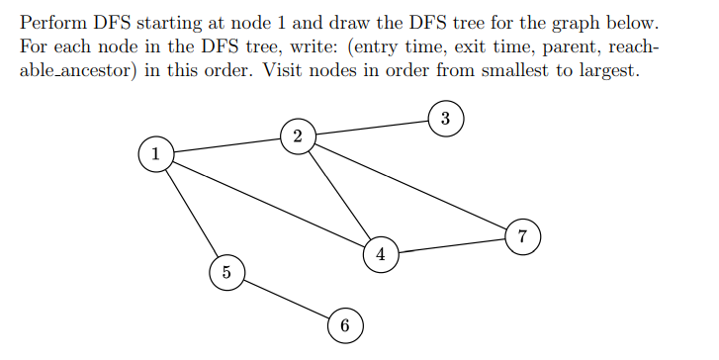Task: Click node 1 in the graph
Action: (x=155, y=153)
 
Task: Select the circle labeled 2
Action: (x=297, y=135)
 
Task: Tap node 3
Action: (x=445, y=119)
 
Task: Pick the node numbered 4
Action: (x=380, y=254)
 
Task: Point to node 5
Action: (x=226, y=272)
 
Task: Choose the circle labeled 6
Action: (x=344, y=324)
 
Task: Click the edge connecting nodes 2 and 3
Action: (x=371, y=128)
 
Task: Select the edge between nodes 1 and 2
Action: (x=225, y=144)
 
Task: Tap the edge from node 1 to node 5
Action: (x=191, y=213)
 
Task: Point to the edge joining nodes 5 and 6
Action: (x=285, y=298)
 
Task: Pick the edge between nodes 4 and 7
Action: (x=450, y=245)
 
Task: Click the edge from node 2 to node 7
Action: (x=409, y=186)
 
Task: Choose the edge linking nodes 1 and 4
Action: (x=267, y=204)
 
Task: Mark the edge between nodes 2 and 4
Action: (x=338, y=195)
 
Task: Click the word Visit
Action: (x=284, y=73)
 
